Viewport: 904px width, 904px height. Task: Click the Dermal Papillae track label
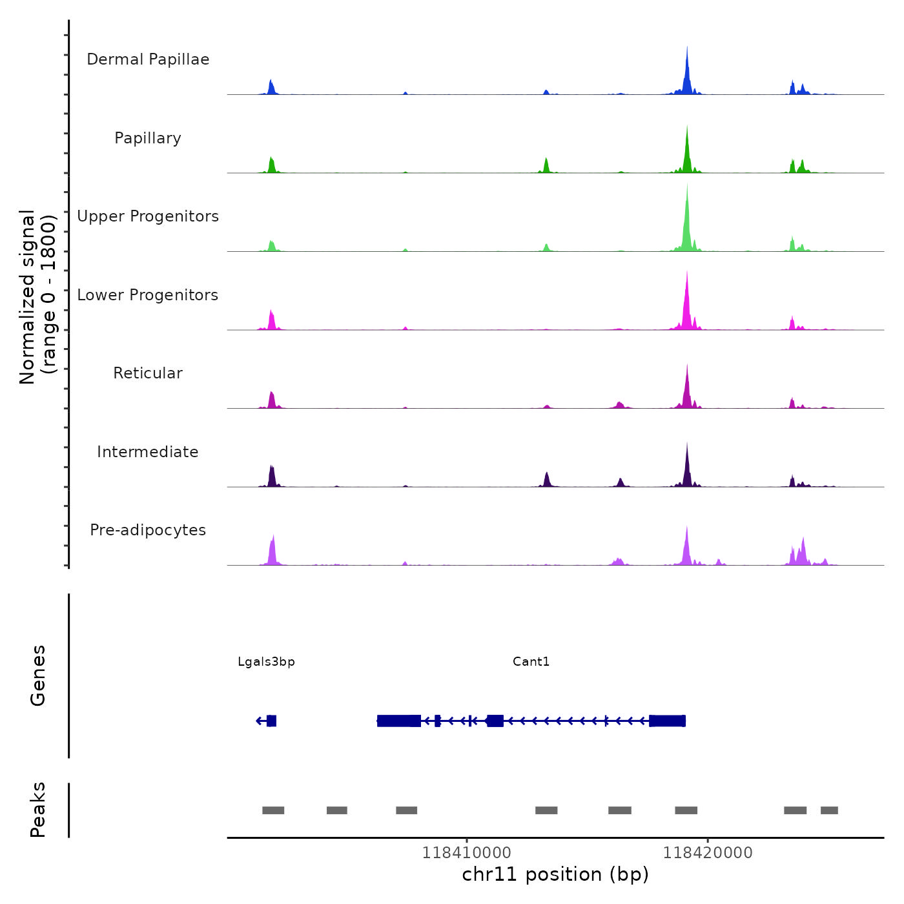[x=148, y=59]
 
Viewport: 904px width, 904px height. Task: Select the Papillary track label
[x=148, y=138]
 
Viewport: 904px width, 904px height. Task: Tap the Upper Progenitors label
[x=148, y=216]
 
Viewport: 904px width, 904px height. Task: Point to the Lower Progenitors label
[x=148, y=295]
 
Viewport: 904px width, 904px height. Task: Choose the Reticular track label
[x=148, y=373]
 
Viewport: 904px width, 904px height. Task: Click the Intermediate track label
[x=148, y=452]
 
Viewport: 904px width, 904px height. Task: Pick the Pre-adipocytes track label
[x=148, y=530]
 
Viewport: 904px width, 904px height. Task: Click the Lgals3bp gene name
[x=266, y=662]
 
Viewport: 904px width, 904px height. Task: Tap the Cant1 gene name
[x=531, y=662]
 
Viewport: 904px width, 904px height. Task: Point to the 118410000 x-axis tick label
[x=466, y=853]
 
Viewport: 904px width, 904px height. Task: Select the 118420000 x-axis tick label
[x=708, y=853]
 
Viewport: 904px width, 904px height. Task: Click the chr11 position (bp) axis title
[x=555, y=874]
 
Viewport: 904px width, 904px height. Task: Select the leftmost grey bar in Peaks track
[x=273, y=810]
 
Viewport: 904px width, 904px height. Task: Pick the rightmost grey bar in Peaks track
[x=829, y=810]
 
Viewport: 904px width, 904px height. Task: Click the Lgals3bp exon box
[x=271, y=721]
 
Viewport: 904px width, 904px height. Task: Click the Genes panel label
[x=38, y=675]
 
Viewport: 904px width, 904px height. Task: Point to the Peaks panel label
[x=38, y=810]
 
